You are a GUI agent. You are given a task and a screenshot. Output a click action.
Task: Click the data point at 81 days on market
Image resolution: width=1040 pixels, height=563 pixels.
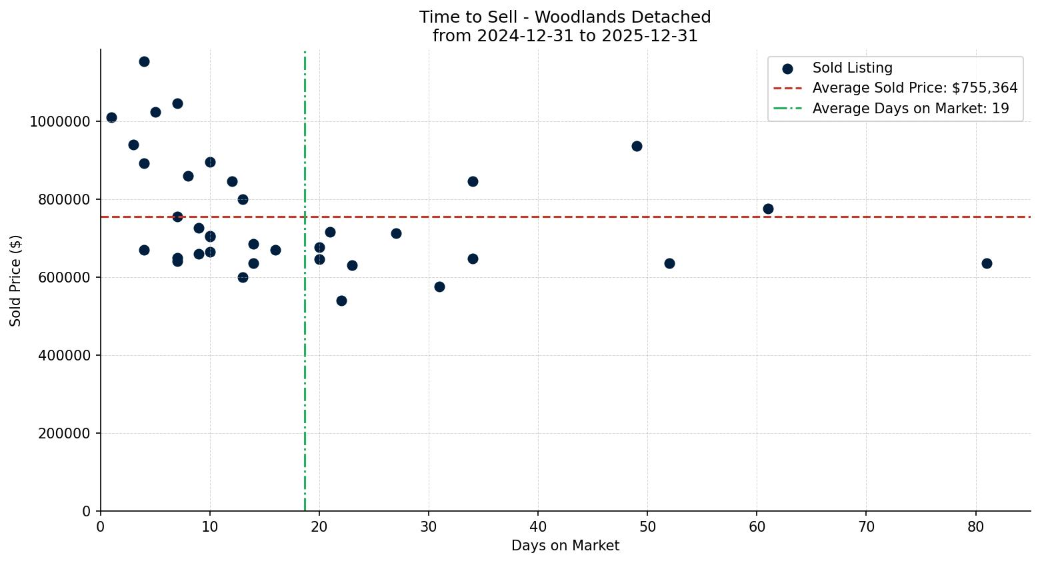coord(987,263)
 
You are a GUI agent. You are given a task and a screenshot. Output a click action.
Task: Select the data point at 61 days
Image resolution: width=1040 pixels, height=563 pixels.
coord(768,209)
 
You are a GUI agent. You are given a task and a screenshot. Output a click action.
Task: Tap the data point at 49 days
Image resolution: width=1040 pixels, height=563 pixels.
coord(637,146)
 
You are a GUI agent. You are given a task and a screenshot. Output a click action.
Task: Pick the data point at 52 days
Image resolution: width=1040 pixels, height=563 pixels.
coord(669,263)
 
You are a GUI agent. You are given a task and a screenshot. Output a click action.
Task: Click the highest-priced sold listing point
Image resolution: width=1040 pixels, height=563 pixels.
coord(144,61)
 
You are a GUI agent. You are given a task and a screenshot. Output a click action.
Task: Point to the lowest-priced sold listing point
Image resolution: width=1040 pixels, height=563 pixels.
coord(341,300)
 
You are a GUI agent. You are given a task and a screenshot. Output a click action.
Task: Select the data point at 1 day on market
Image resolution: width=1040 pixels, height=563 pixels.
coord(111,117)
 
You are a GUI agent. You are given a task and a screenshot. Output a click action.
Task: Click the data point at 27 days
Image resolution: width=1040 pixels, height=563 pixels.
coord(396,233)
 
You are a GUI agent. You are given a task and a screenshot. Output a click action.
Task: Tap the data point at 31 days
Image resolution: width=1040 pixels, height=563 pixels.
coord(439,286)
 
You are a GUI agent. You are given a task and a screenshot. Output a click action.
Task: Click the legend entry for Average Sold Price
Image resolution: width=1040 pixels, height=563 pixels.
coord(914,88)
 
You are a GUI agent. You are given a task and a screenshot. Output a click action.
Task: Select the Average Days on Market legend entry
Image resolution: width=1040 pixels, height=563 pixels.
coord(910,109)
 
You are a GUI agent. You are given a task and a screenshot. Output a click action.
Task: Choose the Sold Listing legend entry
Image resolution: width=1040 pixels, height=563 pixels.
coord(851,68)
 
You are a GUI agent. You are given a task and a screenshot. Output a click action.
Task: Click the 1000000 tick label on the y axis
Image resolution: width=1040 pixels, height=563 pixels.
coord(60,122)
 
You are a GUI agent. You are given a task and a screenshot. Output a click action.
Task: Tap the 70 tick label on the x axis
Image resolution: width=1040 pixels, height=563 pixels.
coord(866,526)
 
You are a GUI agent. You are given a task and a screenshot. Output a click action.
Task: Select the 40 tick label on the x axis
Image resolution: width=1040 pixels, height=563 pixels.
coord(538,526)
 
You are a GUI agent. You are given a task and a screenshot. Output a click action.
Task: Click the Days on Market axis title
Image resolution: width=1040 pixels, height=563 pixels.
coord(565,546)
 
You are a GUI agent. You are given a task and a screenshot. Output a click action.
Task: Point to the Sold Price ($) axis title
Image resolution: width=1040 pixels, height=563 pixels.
coord(15,281)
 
